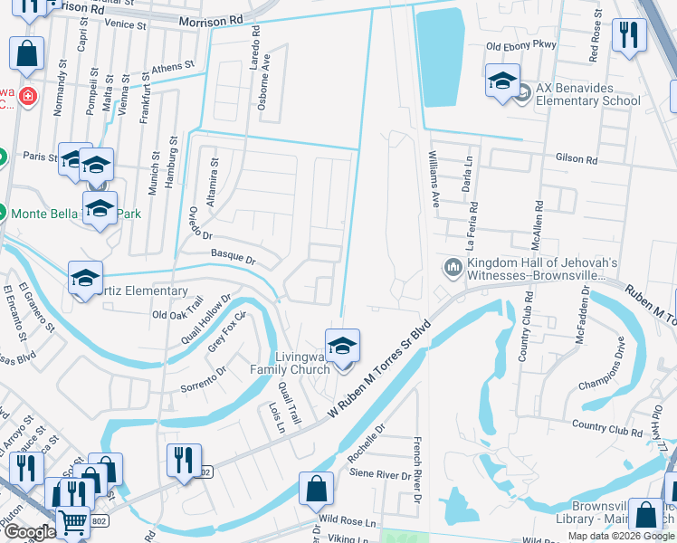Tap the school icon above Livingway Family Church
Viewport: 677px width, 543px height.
pyautogui.click(x=342, y=347)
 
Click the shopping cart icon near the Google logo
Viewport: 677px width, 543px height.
pyautogui.click(x=73, y=522)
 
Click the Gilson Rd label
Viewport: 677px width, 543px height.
pyautogui.click(x=580, y=160)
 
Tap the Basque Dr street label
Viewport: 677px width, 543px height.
pyautogui.click(x=232, y=258)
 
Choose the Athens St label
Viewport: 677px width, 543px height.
pyautogui.click(x=172, y=67)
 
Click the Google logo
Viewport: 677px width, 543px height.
pyautogui.click(x=29, y=532)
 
